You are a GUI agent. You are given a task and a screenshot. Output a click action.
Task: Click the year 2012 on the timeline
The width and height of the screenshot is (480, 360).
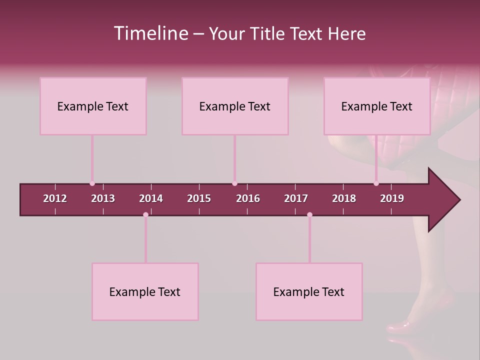pyautogui.click(x=55, y=198)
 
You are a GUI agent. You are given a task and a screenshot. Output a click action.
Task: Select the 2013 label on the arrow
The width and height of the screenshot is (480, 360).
pyautogui.click(x=103, y=198)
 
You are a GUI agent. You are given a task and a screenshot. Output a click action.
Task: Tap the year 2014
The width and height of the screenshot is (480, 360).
pyautogui.click(x=151, y=198)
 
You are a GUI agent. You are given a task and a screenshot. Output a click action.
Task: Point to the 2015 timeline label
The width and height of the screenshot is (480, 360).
pyautogui.click(x=199, y=198)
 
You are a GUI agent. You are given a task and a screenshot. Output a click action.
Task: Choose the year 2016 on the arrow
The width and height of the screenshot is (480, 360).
pyautogui.click(x=248, y=198)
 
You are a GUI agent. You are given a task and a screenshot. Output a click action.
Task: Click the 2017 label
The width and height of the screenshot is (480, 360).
pyautogui.click(x=296, y=198)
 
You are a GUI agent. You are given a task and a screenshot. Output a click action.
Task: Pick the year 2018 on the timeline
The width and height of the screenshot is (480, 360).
pyautogui.click(x=344, y=198)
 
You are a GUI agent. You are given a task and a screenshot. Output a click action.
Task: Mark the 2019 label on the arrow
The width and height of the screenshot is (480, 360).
pyautogui.click(x=392, y=198)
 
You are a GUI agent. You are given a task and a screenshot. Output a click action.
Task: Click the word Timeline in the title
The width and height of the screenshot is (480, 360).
pyautogui.click(x=150, y=33)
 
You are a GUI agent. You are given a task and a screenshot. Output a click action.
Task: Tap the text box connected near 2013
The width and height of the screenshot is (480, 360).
pyautogui.click(x=93, y=106)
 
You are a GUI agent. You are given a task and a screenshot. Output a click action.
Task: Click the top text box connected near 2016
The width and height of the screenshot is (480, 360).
pyautogui.click(x=235, y=106)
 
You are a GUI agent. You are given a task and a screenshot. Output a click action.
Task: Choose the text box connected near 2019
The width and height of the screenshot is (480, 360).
pyautogui.click(x=377, y=106)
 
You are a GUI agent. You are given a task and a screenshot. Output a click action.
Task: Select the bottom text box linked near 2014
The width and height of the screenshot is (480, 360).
pyautogui.click(x=145, y=291)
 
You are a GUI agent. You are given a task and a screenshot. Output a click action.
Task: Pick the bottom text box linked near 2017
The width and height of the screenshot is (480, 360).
pyautogui.click(x=309, y=291)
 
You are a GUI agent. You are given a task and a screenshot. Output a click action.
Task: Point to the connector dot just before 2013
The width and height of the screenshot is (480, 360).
pyautogui.click(x=92, y=183)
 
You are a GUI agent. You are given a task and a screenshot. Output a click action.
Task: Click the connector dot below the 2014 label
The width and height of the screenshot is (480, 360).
pyautogui.click(x=145, y=214)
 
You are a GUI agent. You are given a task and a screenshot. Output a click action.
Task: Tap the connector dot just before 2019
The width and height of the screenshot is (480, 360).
pyautogui.click(x=376, y=183)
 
